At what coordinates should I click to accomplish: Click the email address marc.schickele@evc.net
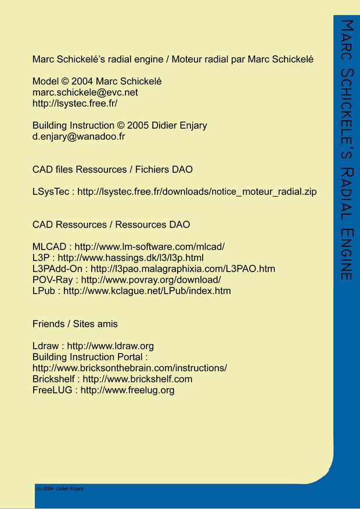coord(85,92)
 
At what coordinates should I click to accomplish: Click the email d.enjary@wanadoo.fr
coord(78,136)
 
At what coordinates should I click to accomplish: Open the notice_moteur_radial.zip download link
coord(197,192)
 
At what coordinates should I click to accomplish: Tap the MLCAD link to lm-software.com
coord(149,247)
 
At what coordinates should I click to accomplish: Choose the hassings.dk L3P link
coord(131,258)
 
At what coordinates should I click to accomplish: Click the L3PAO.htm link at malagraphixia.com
coord(182,269)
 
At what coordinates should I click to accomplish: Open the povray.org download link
coord(151,280)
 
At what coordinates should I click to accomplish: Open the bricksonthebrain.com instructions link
coord(129,368)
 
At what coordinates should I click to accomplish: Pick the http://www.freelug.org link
coord(127,390)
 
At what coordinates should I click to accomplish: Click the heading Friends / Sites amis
coord(75,323)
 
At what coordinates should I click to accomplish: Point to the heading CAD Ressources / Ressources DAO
coord(111,225)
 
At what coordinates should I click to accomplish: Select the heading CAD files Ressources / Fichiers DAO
coord(113,169)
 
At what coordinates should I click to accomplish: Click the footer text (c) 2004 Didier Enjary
coord(60,489)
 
